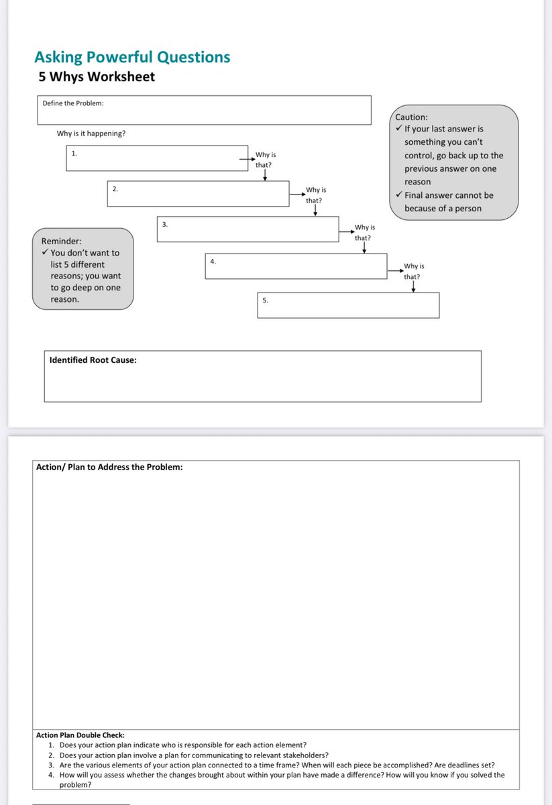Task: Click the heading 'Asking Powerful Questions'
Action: coord(132,57)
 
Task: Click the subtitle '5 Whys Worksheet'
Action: coord(97,76)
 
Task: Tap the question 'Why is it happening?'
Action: coord(91,133)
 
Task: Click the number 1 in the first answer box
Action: coord(74,154)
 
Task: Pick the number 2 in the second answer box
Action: coord(115,189)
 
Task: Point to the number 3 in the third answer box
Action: coord(164,224)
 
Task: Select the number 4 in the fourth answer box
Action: coord(213,261)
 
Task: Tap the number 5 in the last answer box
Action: coord(265,300)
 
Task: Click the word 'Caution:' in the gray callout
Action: coord(411,117)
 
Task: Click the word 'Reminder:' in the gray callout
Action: coord(61,241)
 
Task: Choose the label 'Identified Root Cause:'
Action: coord(93,360)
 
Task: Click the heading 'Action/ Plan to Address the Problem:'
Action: coord(109,467)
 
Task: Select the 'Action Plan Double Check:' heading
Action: coord(80,735)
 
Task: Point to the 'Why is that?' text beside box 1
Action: coord(264,160)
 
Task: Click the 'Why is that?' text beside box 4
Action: coord(413,271)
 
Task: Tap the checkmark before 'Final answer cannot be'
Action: coord(399,195)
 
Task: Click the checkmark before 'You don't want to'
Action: coord(45,253)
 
